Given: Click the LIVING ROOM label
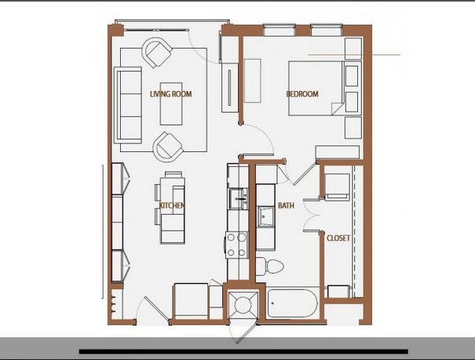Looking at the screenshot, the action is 171,94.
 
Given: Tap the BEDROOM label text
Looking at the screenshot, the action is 302,94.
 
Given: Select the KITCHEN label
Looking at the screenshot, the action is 172,205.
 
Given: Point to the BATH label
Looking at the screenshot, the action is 286,205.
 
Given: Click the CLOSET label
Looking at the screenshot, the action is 338,238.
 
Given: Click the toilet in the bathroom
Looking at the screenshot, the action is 269,266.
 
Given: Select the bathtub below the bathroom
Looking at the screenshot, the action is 292,304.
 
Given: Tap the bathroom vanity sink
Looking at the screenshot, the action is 265,216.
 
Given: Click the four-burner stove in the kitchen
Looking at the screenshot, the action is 236,245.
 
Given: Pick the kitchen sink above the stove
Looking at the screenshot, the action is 239,198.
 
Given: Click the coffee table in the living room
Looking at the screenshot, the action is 171,104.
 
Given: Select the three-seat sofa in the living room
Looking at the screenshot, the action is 128,105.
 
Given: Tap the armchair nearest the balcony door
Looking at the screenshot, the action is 157,53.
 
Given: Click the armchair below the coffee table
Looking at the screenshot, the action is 169,147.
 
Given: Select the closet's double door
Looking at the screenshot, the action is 312,215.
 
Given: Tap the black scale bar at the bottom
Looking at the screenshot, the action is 243,351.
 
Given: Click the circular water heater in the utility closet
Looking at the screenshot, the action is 243,305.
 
